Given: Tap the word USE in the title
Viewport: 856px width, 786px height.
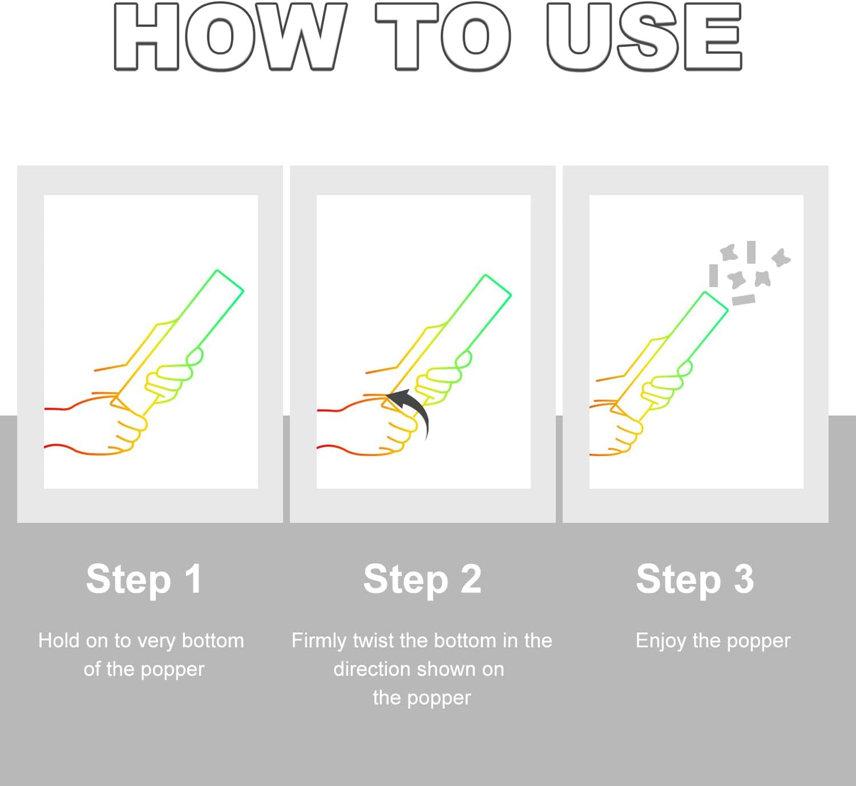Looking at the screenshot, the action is pos(645,36).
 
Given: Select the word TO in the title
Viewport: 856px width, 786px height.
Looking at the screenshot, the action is pos(443,36).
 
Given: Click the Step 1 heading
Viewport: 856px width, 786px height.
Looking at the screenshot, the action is pos(144,579).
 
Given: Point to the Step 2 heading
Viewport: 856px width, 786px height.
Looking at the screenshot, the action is pos(422,579).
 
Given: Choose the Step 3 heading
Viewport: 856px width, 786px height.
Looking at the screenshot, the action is pos(695,579).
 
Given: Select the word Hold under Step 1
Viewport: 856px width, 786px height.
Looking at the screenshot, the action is pos(59,640).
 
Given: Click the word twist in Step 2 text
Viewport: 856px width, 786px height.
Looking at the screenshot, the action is pos(374,640).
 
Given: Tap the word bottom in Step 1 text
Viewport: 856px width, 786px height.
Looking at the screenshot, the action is pos(213,640).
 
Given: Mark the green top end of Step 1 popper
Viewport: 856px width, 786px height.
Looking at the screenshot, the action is pos(230,281).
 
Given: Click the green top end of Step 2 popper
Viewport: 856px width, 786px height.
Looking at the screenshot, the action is pos(498,285).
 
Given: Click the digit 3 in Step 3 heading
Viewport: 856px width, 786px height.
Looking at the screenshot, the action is pos(744,579).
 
